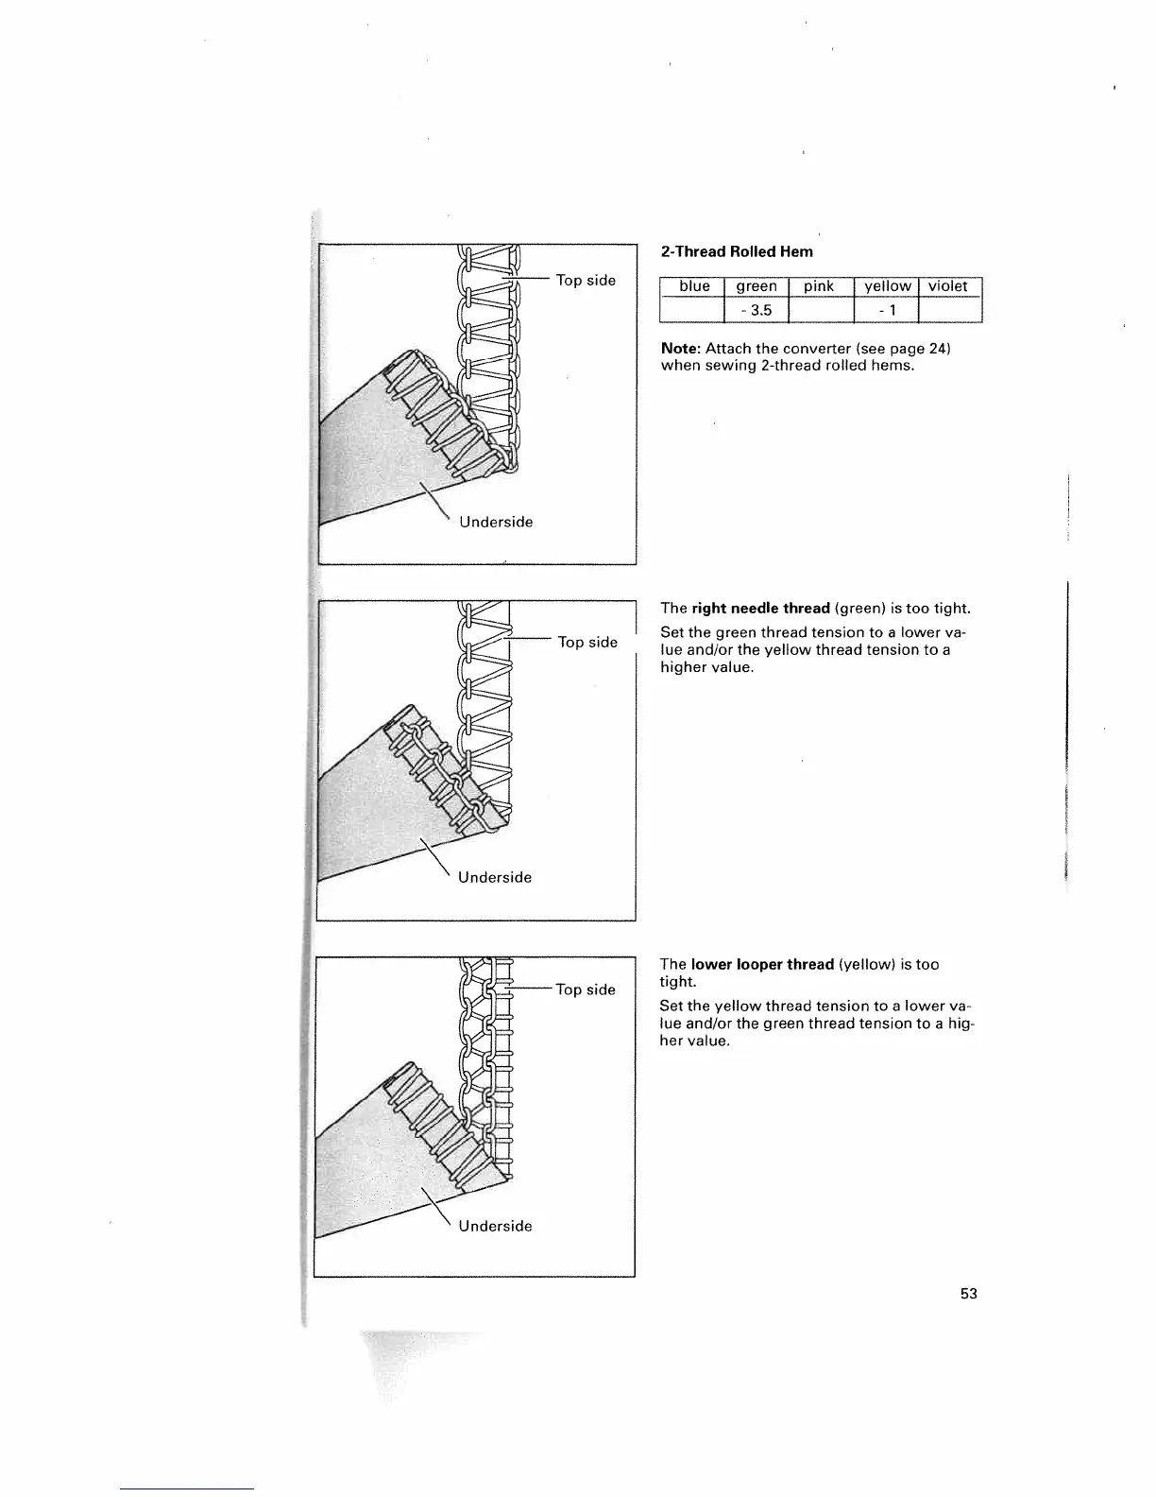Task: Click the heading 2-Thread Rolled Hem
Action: [737, 251]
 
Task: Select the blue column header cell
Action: [694, 286]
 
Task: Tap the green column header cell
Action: [756, 286]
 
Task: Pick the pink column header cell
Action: [819, 286]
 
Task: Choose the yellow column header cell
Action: [887, 286]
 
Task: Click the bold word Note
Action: [679, 349]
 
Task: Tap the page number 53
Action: [968, 1294]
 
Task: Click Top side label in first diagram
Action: [586, 280]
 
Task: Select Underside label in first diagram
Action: [496, 522]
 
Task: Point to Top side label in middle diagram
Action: [587, 642]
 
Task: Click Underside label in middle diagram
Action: [495, 877]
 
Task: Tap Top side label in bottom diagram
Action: [586, 989]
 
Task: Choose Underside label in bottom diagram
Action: [495, 1226]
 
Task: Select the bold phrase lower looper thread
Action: [762, 964]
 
